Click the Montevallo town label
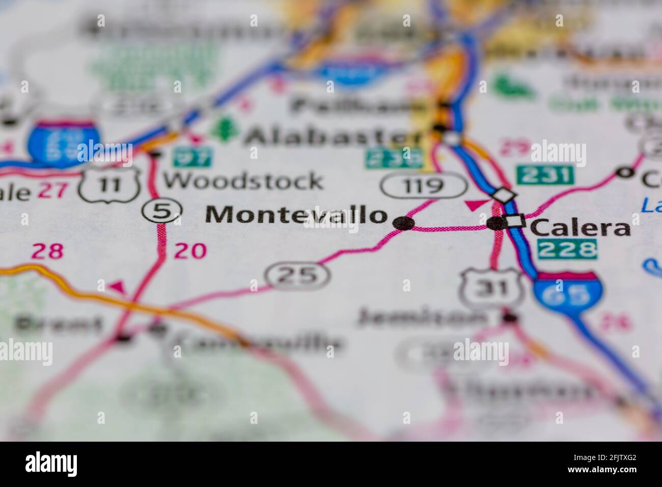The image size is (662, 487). (295, 215)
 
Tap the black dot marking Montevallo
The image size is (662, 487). (404, 223)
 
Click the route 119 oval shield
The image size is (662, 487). (424, 185)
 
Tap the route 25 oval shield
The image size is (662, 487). (298, 275)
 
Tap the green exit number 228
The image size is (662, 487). (567, 249)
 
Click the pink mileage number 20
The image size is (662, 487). (190, 251)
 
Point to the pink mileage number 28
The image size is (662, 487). (48, 251)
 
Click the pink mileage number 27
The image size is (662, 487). (53, 191)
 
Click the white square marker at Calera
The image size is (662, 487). (515, 222)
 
